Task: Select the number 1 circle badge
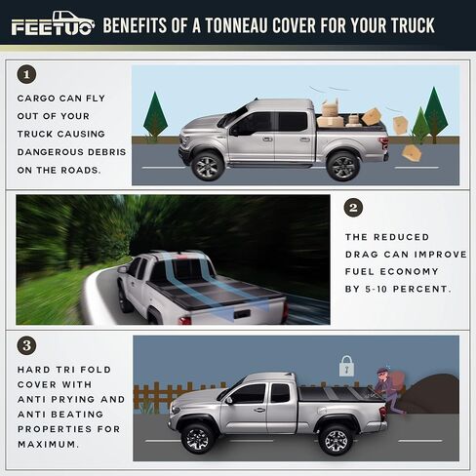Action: pos(26,74)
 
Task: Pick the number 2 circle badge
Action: pos(354,208)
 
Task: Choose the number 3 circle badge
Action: pos(26,345)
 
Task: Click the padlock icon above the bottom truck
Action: pos(345,366)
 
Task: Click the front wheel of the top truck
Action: pos(207,165)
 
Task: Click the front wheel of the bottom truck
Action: pos(198,437)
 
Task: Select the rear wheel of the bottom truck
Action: pos(337,437)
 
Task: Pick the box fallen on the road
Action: pos(412,153)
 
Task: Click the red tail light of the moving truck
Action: pos(284,310)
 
